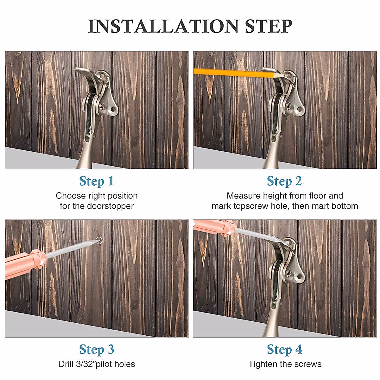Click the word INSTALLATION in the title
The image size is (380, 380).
point(163,26)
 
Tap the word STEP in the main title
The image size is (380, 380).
point(268,26)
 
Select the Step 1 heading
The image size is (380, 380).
point(96,181)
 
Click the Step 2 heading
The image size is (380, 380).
point(284,181)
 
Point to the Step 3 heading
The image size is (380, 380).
point(96,350)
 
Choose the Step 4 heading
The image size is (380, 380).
point(284,350)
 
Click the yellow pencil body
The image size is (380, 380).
point(228,72)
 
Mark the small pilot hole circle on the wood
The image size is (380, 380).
point(99,240)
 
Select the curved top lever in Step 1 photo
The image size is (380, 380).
point(83,72)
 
